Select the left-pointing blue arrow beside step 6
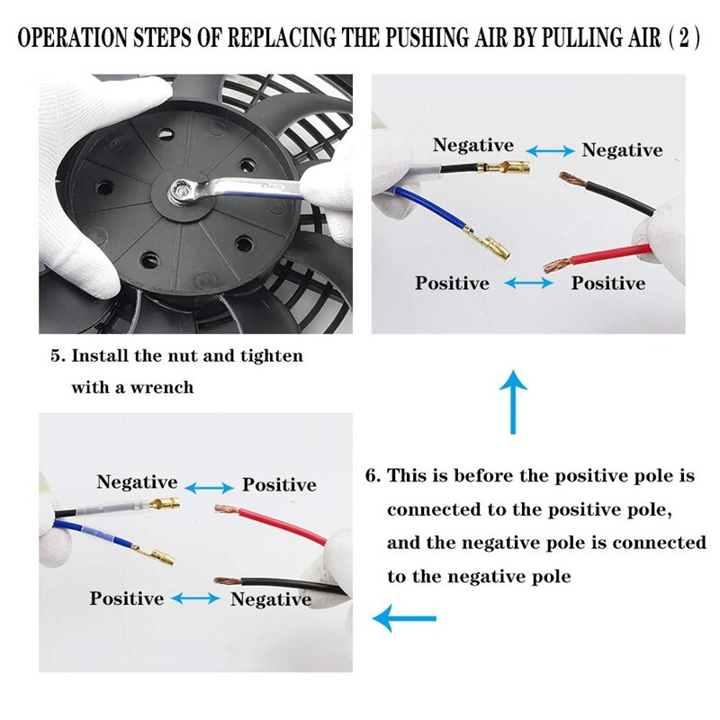pyautogui.click(x=405, y=618)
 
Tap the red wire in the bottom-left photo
pyautogui.click(x=288, y=525)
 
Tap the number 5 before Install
pyautogui.click(x=56, y=355)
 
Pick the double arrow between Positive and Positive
pyautogui.click(x=529, y=283)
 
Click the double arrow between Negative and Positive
pyautogui.click(x=209, y=487)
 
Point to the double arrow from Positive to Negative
pyautogui.click(x=195, y=598)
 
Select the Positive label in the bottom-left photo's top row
pyautogui.click(x=279, y=485)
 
